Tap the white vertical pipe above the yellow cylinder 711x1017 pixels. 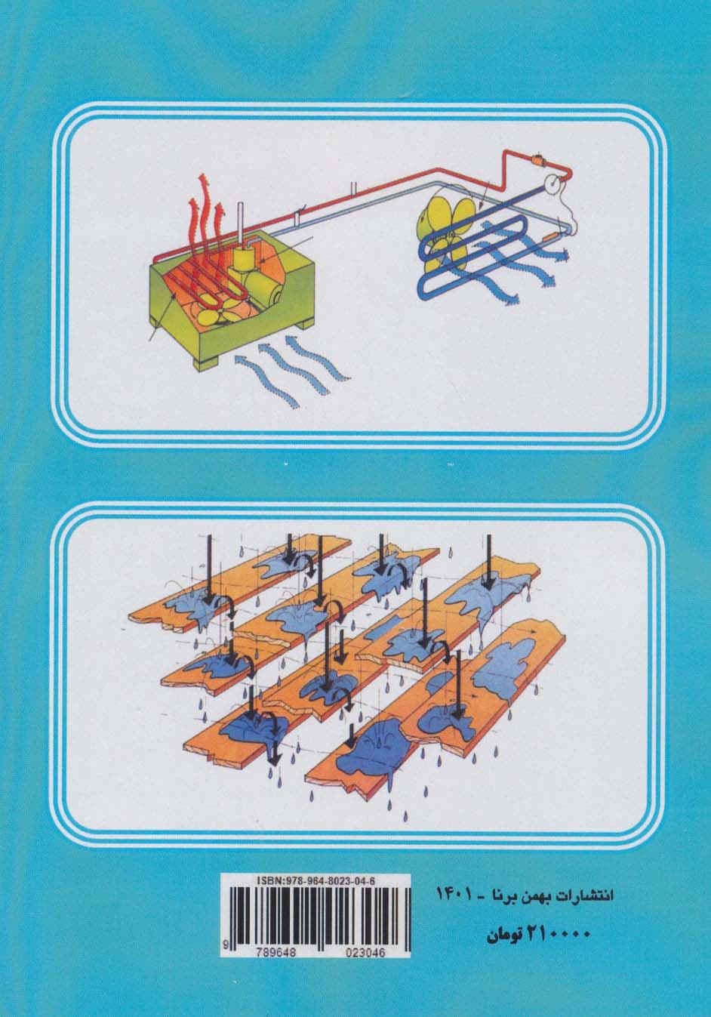click(x=242, y=225)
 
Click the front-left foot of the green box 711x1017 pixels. click(x=207, y=364)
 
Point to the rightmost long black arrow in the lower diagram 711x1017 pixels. click(x=488, y=564)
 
